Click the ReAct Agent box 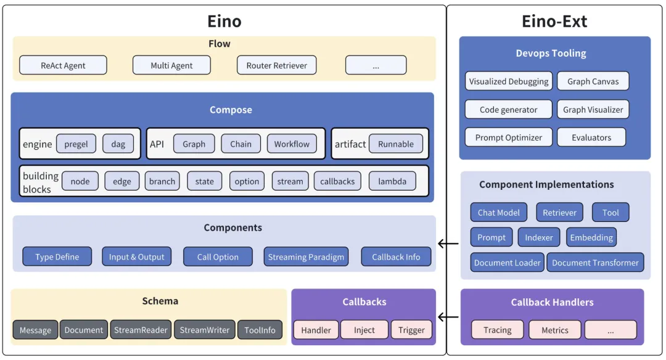63,65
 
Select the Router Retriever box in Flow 276,65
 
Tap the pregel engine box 76,144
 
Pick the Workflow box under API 292,144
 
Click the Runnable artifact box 395,144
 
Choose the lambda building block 392,181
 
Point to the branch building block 162,181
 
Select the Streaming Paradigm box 306,257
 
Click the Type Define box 57,257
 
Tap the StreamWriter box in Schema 204,330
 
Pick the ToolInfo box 260,330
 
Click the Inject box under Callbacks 364,330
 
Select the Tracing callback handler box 497,330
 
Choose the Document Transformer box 595,263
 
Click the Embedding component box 591,237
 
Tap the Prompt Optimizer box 508,137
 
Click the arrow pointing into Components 448,243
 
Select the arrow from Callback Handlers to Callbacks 448,317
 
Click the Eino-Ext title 554,22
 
